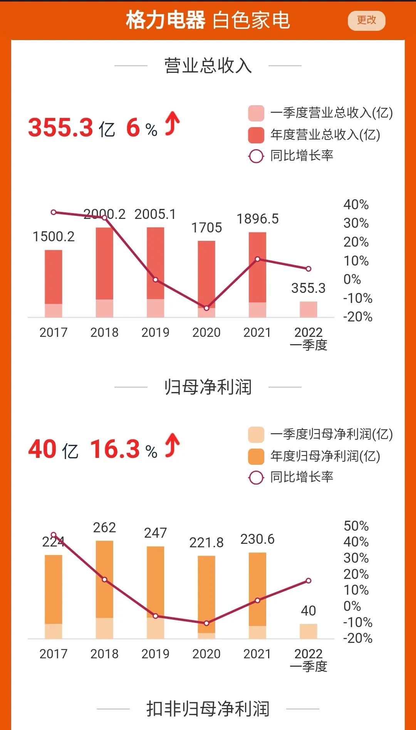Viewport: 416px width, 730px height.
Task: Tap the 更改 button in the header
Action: [x=366, y=20]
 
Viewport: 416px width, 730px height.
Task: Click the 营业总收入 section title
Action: [x=208, y=66]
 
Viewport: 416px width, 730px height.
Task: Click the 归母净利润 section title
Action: [x=208, y=387]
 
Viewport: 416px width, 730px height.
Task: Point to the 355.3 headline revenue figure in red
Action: [x=60, y=128]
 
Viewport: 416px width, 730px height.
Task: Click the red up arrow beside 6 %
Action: [x=172, y=124]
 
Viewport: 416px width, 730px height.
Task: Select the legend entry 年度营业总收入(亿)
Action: [x=325, y=135]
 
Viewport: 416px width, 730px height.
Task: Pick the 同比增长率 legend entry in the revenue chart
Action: [x=301, y=156]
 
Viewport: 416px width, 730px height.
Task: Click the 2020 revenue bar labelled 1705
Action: [x=206, y=274]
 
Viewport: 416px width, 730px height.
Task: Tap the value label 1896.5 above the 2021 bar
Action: [x=257, y=219]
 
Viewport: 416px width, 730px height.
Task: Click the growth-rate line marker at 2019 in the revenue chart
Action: [x=156, y=280]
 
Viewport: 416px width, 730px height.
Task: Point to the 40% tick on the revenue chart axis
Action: [x=356, y=205]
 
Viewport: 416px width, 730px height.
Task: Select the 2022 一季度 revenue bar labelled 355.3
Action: [x=309, y=309]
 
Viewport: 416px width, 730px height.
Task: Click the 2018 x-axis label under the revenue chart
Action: [x=104, y=332]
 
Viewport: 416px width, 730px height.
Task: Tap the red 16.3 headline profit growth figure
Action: [x=115, y=449]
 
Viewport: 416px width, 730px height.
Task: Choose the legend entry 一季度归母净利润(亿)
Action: [x=331, y=434]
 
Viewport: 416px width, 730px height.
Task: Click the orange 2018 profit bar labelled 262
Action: [x=104, y=578]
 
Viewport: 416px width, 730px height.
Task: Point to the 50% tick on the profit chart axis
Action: [x=356, y=526]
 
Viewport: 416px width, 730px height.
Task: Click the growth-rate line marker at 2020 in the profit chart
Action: [x=206, y=623]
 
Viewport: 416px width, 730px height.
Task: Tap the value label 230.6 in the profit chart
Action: [x=257, y=539]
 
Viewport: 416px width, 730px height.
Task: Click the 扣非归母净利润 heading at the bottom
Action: [x=208, y=709]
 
